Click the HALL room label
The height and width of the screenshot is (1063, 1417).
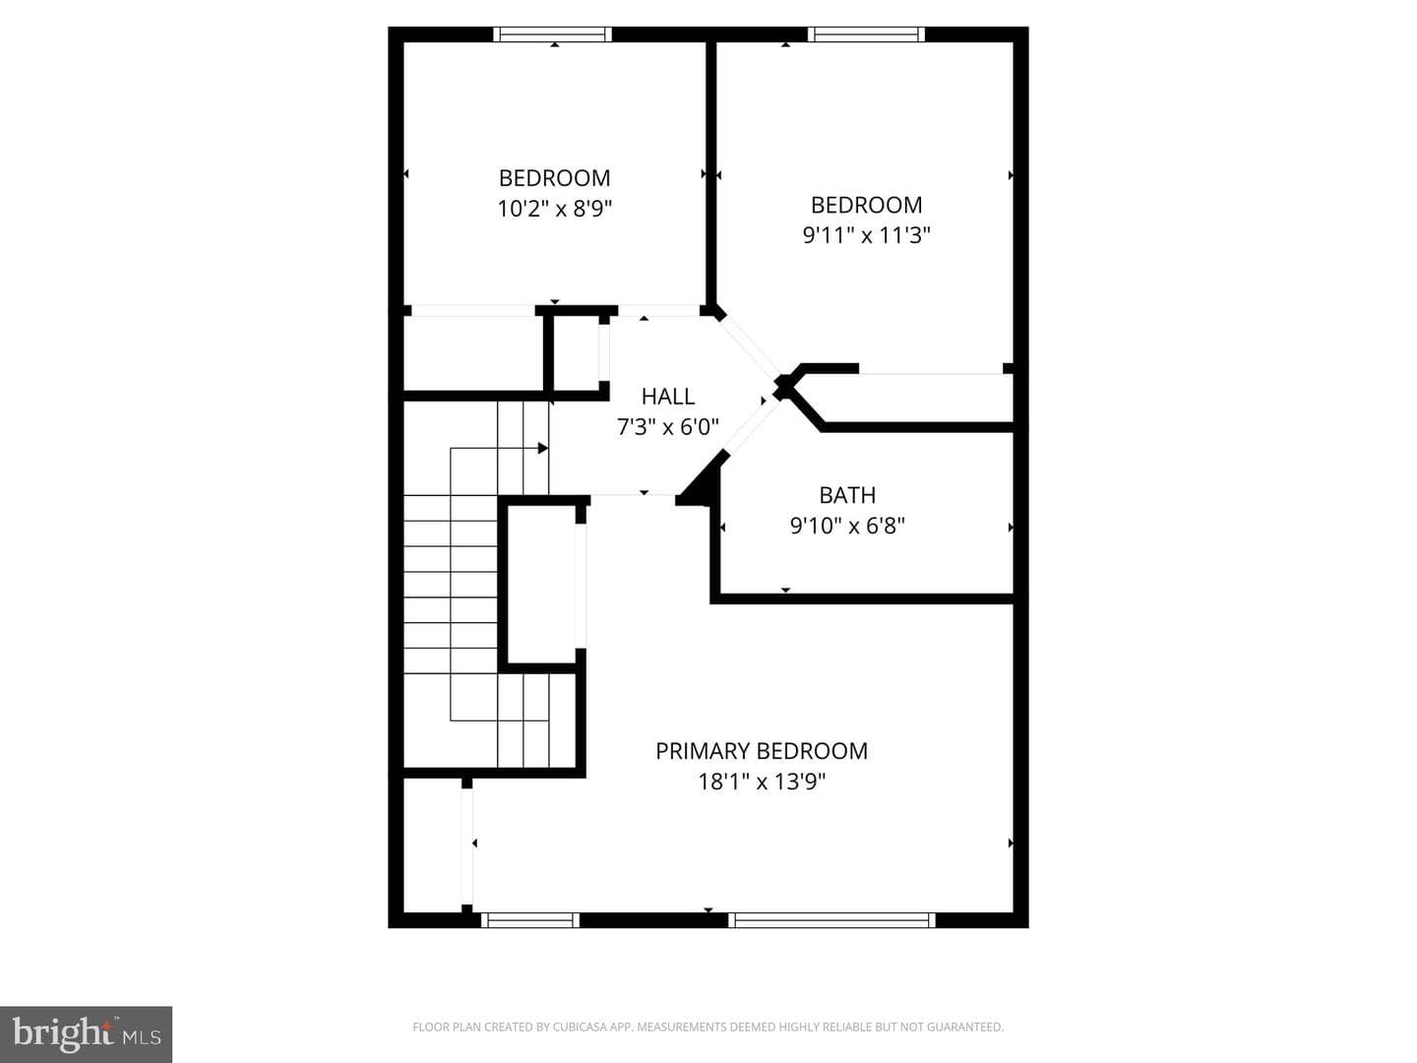668,396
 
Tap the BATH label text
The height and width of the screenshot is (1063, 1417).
847,495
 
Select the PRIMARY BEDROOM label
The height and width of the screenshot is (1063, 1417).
762,751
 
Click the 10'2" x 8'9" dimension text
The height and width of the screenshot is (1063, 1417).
555,209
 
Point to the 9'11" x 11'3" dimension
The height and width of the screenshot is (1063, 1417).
866,235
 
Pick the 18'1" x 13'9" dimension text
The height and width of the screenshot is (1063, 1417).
762,782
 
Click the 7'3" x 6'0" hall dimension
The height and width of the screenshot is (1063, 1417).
668,426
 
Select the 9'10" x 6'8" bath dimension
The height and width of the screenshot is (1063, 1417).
847,526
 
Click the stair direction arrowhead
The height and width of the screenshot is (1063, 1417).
543,448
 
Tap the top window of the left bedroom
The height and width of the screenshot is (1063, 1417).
553,34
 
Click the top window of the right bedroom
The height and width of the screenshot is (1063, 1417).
866,34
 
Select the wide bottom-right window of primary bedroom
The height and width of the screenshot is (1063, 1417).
832,919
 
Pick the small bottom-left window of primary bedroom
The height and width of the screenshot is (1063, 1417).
530,919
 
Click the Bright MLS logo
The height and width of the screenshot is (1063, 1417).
86,1034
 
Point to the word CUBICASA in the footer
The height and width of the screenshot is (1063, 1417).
576,1027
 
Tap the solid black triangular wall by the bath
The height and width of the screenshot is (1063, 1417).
705,482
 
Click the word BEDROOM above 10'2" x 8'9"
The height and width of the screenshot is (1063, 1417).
555,177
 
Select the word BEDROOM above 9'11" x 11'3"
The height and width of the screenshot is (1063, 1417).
866,205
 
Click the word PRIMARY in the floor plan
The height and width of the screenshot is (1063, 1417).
703,751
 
